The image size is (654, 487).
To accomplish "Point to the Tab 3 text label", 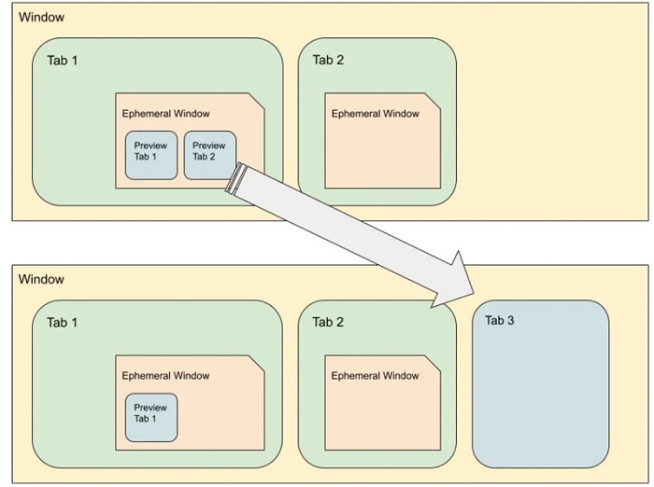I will coord(500,321).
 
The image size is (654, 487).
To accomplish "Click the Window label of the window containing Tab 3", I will coord(41,279).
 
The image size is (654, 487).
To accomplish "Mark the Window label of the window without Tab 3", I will coord(41,18).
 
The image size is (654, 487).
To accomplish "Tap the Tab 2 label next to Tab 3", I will coord(328,323).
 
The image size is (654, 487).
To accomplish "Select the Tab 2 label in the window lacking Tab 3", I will coord(328,61).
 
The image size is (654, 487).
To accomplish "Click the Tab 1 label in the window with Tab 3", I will coord(62,323).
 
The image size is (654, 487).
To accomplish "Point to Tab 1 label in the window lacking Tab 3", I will coord(62,61).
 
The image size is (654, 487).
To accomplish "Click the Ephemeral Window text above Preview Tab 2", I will coord(165,114).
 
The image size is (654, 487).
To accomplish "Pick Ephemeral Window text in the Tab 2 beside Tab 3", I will coord(375,376).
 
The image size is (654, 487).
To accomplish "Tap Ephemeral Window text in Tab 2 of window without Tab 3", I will coord(375,114).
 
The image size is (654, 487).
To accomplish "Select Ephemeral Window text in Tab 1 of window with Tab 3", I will coord(165,376).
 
